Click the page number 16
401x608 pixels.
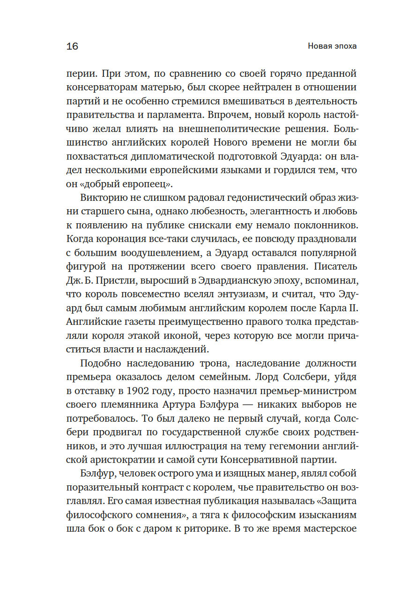(72, 46)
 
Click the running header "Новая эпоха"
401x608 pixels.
(332, 46)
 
